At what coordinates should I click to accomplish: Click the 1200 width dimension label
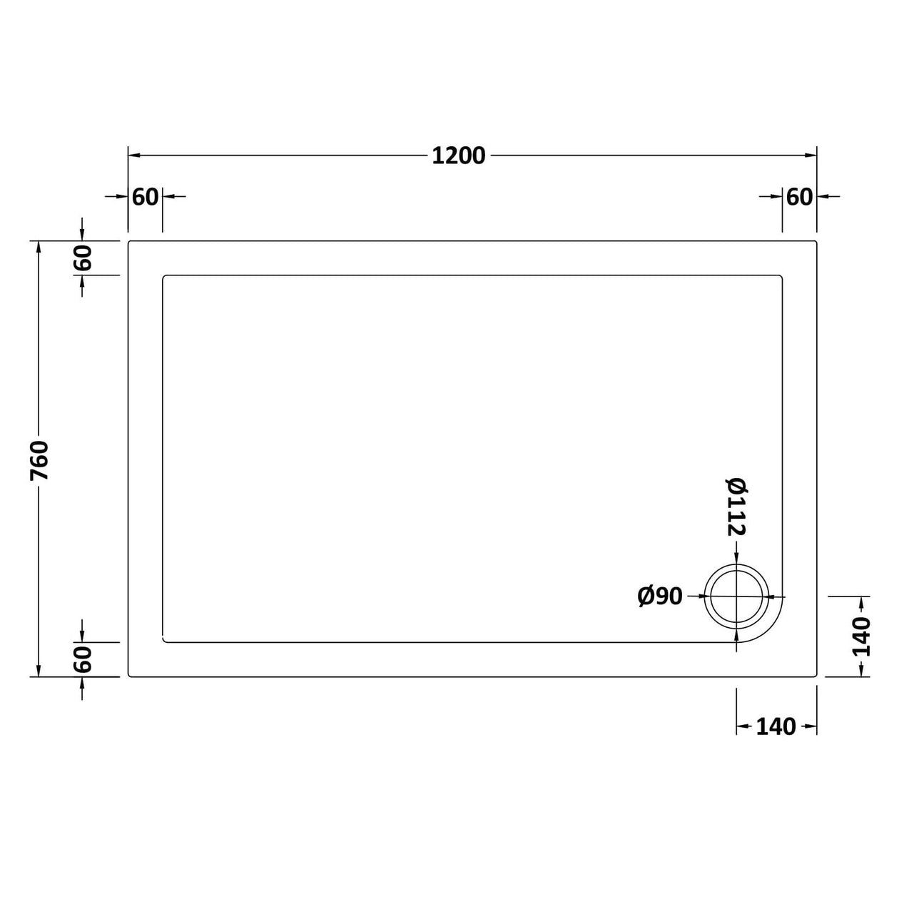[458, 156]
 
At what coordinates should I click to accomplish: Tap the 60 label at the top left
[146, 196]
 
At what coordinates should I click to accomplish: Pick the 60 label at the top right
[799, 196]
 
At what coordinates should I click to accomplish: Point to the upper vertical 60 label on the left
[83, 258]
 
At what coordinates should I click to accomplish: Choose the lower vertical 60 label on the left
[83, 659]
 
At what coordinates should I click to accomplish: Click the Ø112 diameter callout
[736, 506]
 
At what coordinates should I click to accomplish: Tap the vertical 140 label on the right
[863, 636]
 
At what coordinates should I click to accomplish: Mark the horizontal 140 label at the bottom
[776, 727]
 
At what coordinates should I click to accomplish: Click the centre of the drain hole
[736, 596]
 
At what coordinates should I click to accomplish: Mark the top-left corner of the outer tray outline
[129, 242]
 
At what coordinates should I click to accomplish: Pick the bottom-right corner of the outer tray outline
[816, 676]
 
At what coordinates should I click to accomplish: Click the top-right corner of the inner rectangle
[781, 276]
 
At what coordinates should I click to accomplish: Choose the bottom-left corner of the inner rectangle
[164, 641]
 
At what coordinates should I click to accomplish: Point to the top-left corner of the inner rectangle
[164, 276]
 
